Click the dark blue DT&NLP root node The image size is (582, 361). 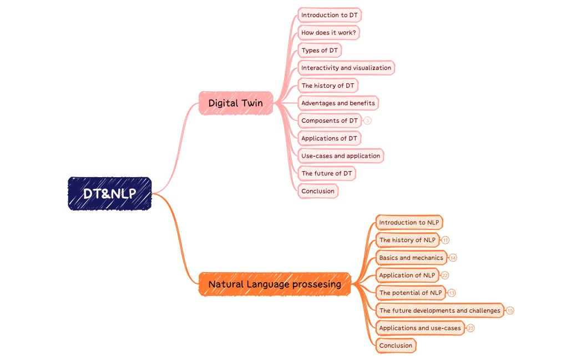pos(110,194)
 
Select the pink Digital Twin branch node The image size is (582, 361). pos(236,103)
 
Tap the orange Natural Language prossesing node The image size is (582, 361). pos(275,284)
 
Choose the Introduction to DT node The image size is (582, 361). pos(330,15)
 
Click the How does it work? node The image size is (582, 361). pos(328,33)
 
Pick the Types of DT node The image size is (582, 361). pos(320,51)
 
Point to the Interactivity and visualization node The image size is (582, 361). pos(346,68)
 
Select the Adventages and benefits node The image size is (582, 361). pos(338,103)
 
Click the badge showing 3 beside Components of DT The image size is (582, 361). pos(367,121)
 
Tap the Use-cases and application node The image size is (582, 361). pos(341,156)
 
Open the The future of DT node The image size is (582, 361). pos(327,173)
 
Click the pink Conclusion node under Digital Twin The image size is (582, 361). pos(318,191)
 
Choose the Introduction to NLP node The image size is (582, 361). pos(409,223)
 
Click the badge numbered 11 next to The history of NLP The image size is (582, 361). pos(446,240)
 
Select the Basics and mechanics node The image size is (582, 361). pos(411,258)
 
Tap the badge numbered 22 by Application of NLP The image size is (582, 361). pos(445,275)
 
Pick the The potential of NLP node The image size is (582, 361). pos(411,293)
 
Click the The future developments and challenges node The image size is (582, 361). pos(439,310)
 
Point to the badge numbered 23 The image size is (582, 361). pos(470,328)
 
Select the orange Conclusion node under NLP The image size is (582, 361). pos(396,345)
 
